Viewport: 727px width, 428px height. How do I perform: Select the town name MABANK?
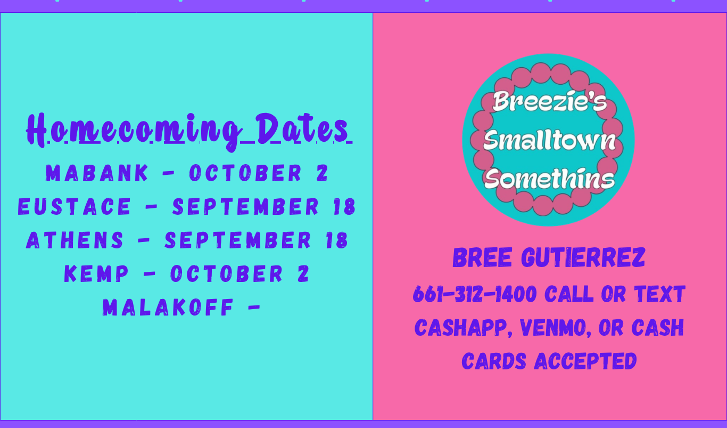pyautogui.click(x=97, y=173)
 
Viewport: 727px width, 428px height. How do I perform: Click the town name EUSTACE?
pyautogui.click(x=75, y=206)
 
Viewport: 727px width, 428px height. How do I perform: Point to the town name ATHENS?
pyautogui.click(x=75, y=240)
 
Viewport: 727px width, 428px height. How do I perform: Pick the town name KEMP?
pyautogui.click(x=96, y=273)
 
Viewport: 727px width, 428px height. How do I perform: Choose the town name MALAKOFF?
pyautogui.click(x=168, y=308)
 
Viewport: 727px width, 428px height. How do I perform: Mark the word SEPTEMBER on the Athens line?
pyautogui.click(x=238, y=240)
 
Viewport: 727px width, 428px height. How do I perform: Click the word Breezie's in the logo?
pyautogui.click(x=549, y=101)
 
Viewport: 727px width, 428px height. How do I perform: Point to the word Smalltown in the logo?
pyautogui.click(x=549, y=140)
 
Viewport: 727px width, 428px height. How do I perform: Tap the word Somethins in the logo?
pyautogui.click(x=549, y=178)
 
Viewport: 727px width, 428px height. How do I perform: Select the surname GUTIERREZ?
pyautogui.click(x=583, y=258)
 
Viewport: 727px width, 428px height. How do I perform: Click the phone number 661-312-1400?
pyautogui.click(x=475, y=294)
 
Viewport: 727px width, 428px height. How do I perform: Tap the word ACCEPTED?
pyautogui.click(x=585, y=361)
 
